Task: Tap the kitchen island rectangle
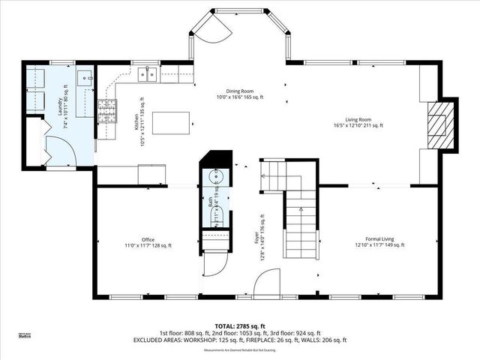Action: pyautogui.click(x=172, y=121)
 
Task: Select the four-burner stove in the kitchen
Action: pyautogui.click(x=107, y=112)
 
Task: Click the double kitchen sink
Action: pyautogui.click(x=147, y=73)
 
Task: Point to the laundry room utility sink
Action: pyautogui.click(x=86, y=76)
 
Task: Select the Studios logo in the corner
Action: pyautogui.click(x=25, y=335)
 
